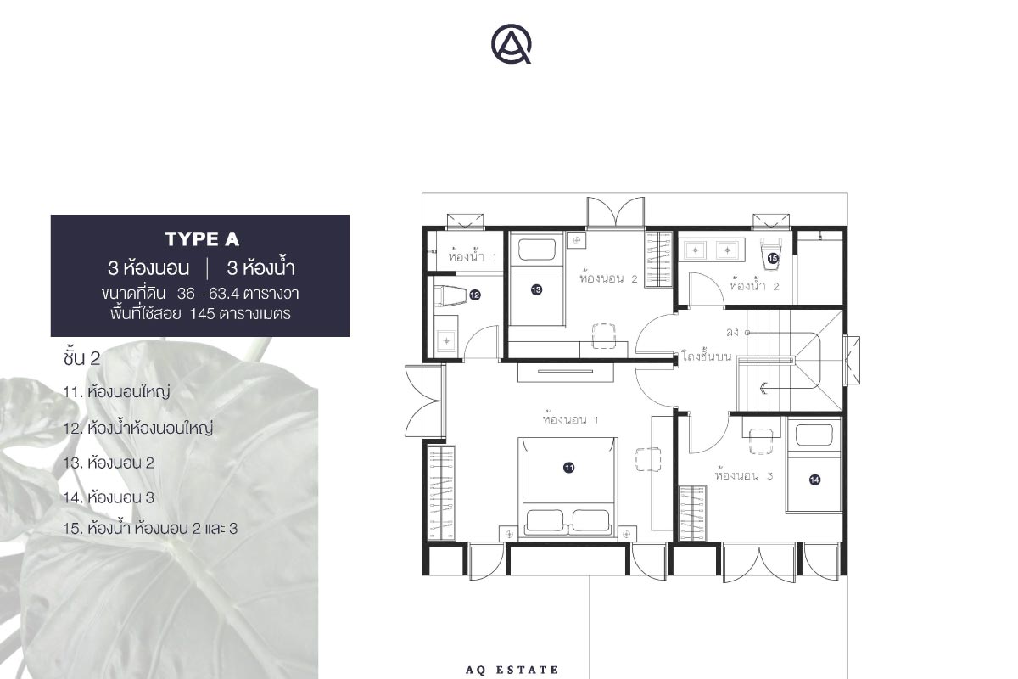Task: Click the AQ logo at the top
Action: tap(511, 43)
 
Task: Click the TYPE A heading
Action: tap(202, 239)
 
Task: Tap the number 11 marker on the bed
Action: tap(568, 468)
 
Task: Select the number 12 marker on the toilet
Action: tap(474, 295)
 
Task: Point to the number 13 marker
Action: tap(536, 289)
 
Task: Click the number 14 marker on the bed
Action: tap(814, 480)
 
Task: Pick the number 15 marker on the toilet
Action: tap(773, 258)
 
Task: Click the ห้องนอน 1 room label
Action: tap(570, 418)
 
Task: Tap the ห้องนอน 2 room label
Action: tap(608, 278)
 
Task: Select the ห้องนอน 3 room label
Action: tap(744, 475)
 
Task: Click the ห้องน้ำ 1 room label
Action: tap(473, 256)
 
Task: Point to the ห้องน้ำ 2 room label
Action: tap(754, 286)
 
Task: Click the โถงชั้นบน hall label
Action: tap(706, 356)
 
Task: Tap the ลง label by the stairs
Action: tap(732, 333)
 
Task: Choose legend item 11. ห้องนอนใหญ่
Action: tap(116, 391)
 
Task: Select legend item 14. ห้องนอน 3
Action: tap(109, 497)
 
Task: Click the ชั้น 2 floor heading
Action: tap(81, 357)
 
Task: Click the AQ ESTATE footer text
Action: tap(512, 670)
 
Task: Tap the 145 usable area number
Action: tap(202, 314)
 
